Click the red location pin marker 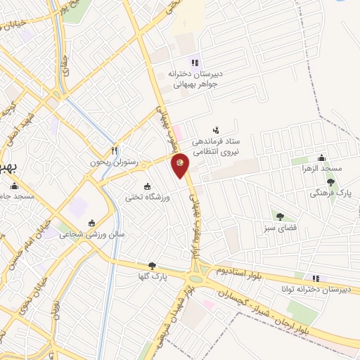point(181,164)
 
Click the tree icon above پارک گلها point(152,266)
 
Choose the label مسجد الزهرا point(322,169)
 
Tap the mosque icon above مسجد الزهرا point(322,157)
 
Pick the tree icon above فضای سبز point(280,216)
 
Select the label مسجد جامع point(18,195)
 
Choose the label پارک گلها point(152,278)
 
